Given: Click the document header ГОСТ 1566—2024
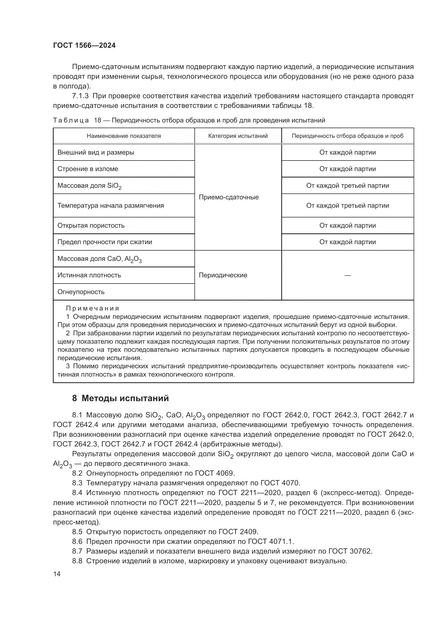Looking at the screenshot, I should (x=84, y=45).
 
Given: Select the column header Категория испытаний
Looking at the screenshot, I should (x=238, y=136).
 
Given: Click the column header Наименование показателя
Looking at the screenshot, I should (x=124, y=136).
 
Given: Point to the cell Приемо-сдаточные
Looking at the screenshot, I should (x=228, y=197).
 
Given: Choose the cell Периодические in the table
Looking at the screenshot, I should (x=223, y=275).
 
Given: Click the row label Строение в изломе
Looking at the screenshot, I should (x=88, y=169).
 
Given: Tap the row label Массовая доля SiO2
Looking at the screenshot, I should (x=89, y=186).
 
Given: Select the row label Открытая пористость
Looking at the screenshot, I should (x=91, y=226).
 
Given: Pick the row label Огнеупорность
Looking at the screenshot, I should (x=81, y=292).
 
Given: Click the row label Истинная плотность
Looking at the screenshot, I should (x=89, y=275).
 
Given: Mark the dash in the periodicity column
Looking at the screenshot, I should (x=347, y=275).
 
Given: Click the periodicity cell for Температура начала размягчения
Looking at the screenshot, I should (x=347, y=206).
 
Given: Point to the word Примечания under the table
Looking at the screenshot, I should (x=92, y=308).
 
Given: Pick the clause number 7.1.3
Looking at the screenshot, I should (x=80, y=96).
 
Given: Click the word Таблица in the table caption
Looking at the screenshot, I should (x=71, y=120).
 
